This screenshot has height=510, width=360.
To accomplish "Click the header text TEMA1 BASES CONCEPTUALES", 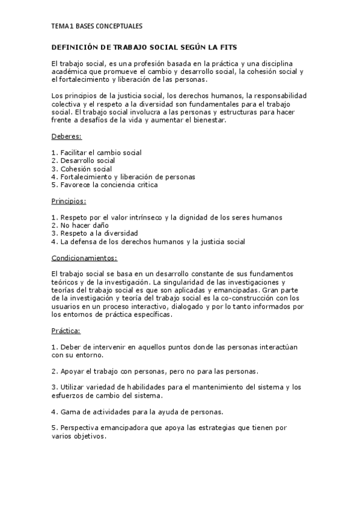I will click(97, 26).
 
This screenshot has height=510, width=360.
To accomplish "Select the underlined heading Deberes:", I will click(67, 137).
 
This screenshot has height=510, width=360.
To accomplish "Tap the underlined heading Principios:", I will click(69, 201).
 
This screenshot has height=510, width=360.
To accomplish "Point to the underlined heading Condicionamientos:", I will click(84, 257).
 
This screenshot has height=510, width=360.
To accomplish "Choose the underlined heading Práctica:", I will click(66, 331).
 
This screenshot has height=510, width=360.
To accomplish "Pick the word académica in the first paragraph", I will click(69, 72).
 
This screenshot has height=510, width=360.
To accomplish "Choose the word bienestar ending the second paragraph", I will click(207, 121).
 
